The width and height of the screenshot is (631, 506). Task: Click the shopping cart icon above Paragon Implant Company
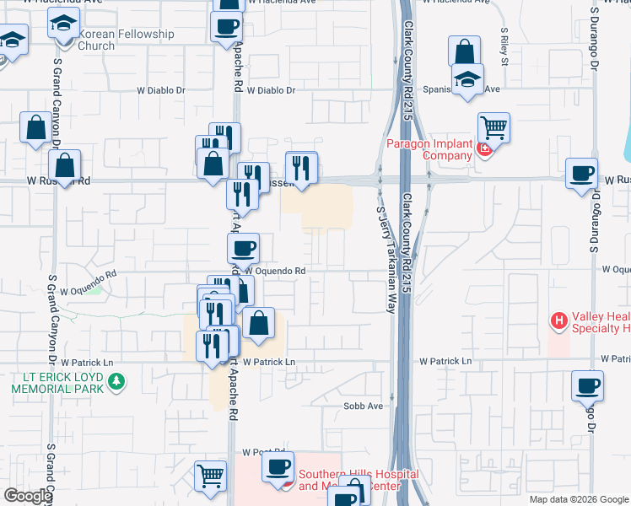tap(493, 128)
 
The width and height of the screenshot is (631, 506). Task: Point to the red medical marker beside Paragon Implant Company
tap(484, 150)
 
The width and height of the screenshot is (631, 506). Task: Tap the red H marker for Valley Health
tap(558, 321)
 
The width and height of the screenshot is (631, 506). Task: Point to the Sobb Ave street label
tap(363, 406)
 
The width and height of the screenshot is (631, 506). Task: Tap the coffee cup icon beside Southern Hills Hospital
tap(277, 466)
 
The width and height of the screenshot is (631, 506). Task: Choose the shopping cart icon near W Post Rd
tap(210, 475)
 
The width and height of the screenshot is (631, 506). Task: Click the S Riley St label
tap(504, 47)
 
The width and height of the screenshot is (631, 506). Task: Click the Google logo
tap(28, 496)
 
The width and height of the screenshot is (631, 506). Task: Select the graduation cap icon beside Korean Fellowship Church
tap(62, 26)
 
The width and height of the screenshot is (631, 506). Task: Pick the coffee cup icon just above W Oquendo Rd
tap(243, 248)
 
